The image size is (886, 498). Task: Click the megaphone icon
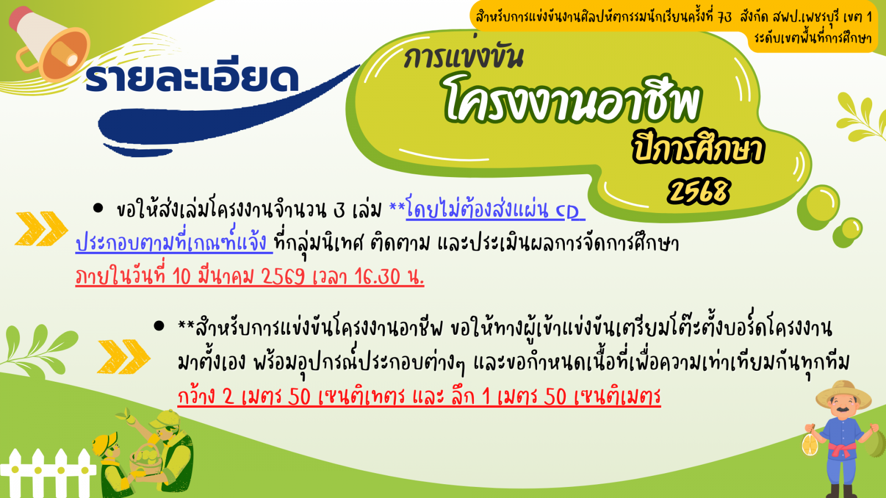[x=49, y=44]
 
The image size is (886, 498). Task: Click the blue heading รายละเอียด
[x=192, y=78]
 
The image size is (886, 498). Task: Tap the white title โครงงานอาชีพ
[x=572, y=100]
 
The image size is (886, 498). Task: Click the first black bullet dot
[x=97, y=208]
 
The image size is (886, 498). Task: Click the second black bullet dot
[x=159, y=326]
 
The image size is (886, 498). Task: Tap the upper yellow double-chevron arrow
[x=42, y=229]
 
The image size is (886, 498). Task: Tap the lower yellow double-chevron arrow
[x=124, y=356]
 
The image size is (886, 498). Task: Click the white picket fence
[x=48, y=473]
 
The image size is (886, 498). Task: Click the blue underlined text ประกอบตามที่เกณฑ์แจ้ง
[x=174, y=242]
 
